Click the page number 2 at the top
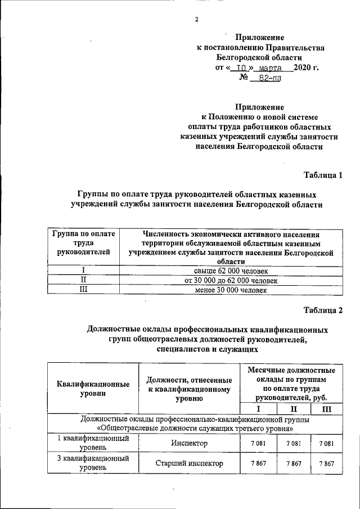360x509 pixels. point(197,20)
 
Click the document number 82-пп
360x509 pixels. point(267,79)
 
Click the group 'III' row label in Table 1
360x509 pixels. point(83,290)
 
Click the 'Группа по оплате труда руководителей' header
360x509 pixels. point(83,243)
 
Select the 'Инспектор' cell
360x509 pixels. point(190,444)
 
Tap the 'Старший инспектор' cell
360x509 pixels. point(190,464)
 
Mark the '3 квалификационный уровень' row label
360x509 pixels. point(93,463)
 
